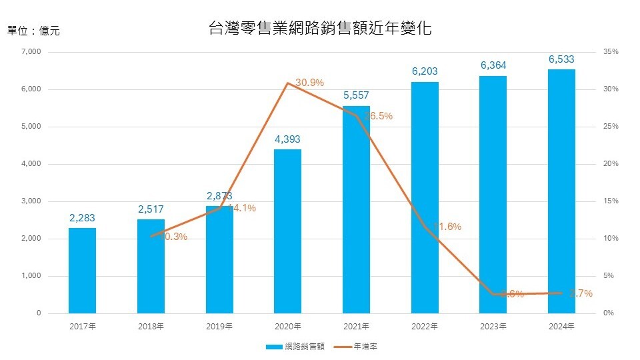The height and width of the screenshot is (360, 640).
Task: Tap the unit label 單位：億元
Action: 33,30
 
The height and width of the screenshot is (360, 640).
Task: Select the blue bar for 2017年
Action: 82,270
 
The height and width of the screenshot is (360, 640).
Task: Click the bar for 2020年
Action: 287,231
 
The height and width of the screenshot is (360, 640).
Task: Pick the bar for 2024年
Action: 561,191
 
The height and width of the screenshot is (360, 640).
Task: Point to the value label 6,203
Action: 425,71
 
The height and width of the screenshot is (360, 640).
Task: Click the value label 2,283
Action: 82,217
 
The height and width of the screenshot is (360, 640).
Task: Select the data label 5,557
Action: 356,95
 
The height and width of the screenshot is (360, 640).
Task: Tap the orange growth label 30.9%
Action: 309,83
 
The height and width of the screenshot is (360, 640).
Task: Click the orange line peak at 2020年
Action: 287,83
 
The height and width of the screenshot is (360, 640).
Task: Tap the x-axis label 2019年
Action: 219,327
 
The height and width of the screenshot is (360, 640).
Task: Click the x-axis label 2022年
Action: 425,327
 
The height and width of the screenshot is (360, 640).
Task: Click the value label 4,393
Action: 287,139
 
